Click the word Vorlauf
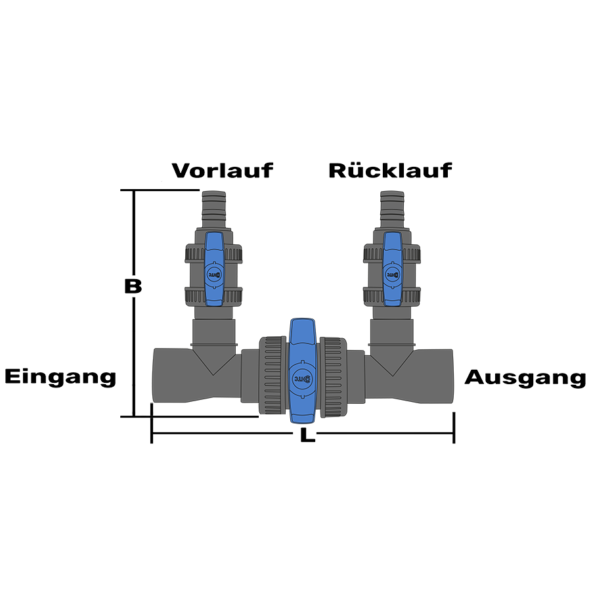click(222, 171)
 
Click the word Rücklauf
click(390, 171)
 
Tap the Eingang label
click(60, 377)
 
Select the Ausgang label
click(525, 378)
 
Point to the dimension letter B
click(133, 287)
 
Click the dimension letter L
click(304, 435)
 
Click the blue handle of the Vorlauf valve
click(215, 269)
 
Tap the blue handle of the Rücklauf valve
click(393, 269)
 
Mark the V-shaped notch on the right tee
click(393, 365)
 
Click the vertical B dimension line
click(135, 341)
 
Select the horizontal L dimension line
click(223, 435)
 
